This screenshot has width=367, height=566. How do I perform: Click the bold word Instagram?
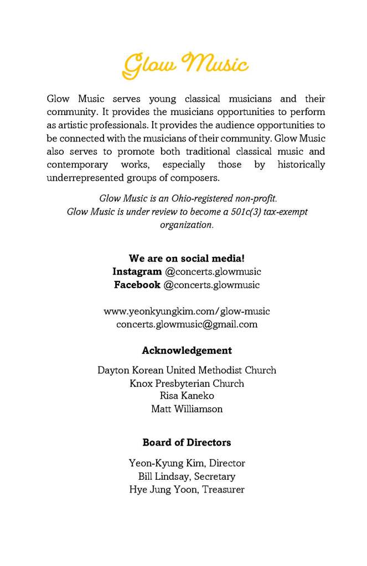coord(137,271)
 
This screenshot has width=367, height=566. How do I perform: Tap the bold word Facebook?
coord(137,285)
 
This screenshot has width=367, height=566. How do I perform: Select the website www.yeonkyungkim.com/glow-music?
coord(187,311)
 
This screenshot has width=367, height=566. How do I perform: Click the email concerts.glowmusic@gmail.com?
coord(187,324)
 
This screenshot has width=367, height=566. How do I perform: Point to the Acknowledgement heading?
coord(187,350)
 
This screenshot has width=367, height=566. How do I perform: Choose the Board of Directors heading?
coord(187,442)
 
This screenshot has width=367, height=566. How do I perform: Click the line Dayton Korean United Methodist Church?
coord(187,370)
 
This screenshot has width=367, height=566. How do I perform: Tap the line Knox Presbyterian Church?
coord(187,383)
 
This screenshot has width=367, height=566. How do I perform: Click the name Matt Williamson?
coord(187,409)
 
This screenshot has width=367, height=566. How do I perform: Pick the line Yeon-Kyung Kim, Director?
coord(187,463)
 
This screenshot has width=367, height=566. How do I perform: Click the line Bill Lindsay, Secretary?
coord(187,476)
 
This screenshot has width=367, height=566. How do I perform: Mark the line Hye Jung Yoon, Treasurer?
coord(187,489)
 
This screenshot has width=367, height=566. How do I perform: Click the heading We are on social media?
coord(187,258)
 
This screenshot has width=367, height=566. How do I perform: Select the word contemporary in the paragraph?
coord(77,165)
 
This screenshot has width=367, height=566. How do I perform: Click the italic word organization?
coord(187,225)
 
